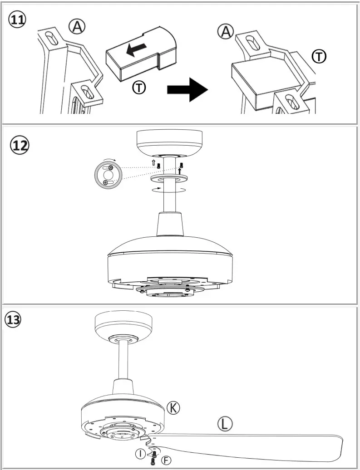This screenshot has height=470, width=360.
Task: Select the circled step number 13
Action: click(x=12, y=319)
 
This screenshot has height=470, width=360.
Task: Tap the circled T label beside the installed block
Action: click(x=320, y=57)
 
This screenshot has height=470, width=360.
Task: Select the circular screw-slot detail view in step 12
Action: click(x=108, y=175)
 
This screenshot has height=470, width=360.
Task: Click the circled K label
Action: click(x=173, y=407)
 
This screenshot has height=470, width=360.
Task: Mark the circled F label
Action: click(x=167, y=460)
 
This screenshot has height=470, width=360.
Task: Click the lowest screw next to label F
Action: click(x=153, y=461)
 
